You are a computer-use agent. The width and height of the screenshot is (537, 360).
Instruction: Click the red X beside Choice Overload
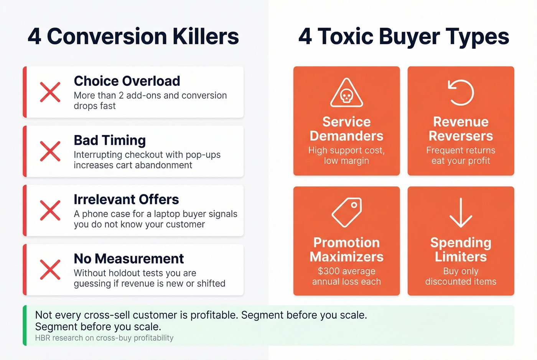coord(50,92)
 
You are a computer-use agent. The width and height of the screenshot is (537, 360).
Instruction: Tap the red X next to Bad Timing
coord(50,151)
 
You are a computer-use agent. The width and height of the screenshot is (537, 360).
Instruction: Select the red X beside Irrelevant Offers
coord(50,210)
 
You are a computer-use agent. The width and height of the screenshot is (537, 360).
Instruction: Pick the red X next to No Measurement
coord(50,270)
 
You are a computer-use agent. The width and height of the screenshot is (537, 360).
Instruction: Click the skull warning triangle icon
coord(346,93)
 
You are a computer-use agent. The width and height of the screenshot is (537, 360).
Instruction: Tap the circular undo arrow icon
coord(461,92)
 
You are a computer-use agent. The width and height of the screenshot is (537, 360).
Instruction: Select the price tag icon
coord(347,212)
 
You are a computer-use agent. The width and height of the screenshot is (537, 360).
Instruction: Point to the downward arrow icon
coord(461,213)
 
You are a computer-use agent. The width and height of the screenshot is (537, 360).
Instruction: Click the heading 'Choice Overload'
coord(127,81)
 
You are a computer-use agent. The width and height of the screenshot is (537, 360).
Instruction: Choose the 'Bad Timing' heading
coord(110,140)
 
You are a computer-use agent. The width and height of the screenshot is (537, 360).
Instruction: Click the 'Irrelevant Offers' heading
coord(126,199)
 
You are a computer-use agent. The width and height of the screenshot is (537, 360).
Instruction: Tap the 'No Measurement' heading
coord(129,259)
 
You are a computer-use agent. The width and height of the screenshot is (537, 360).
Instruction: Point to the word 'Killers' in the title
coord(206,36)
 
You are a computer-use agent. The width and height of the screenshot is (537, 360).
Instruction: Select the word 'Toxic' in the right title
coord(346,36)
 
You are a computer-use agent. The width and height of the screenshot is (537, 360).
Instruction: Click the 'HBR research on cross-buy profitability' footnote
coord(104,338)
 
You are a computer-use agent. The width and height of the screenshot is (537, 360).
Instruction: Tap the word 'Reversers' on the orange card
coord(461,136)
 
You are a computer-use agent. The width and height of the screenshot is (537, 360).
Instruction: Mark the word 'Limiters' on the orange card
coord(461,257)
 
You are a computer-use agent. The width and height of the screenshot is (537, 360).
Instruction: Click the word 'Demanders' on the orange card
coord(346,136)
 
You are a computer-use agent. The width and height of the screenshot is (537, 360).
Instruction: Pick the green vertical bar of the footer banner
coord(25,325)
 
